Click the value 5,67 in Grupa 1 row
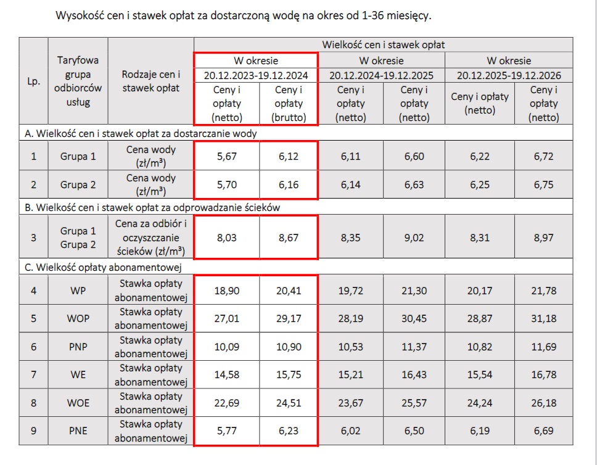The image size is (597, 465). pyautogui.click(x=226, y=157)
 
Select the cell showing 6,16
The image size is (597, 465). pyautogui.click(x=288, y=184)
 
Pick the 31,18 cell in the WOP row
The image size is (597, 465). pyautogui.click(x=543, y=319)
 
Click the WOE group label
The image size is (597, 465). pyautogui.click(x=78, y=403)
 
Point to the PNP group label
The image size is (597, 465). pyautogui.click(x=78, y=347)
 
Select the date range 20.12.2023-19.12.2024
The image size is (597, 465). pyautogui.click(x=256, y=75)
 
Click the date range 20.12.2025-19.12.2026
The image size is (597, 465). pyautogui.click(x=508, y=75)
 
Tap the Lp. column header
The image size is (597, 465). pyautogui.click(x=34, y=81)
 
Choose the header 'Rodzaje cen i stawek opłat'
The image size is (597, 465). pyautogui.click(x=150, y=81)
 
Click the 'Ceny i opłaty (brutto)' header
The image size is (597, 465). pyautogui.click(x=288, y=104)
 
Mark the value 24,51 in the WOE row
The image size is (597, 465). pyautogui.click(x=288, y=403)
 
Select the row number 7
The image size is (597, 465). pyautogui.click(x=34, y=374)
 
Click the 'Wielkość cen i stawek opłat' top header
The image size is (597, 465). pyautogui.click(x=383, y=44)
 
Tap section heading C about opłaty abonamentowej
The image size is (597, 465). pyautogui.click(x=94, y=267)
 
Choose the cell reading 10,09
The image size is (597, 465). pyautogui.click(x=226, y=347)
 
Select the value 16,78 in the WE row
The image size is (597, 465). pyautogui.click(x=543, y=374)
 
